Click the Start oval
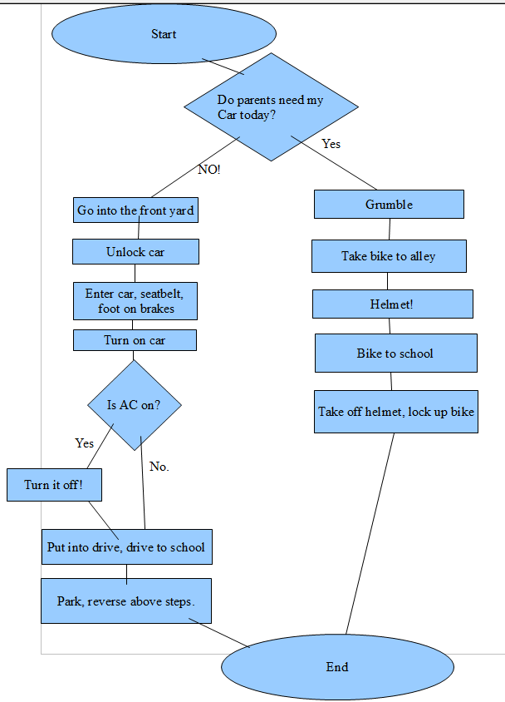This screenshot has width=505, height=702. [x=164, y=34]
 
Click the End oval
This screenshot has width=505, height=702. [x=337, y=666]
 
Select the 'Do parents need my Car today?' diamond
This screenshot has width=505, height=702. [x=271, y=107]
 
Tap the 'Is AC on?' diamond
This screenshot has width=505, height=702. [x=135, y=405]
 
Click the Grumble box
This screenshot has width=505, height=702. [x=389, y=205]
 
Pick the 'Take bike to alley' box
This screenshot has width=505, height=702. [x=389, y=256]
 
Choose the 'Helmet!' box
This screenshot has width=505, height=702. [x=392, y=304]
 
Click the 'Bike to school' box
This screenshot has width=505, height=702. [x=395, y=353]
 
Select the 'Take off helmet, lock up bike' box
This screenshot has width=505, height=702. [x=396, y=412]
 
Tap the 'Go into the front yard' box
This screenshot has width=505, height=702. [x=135, y=210]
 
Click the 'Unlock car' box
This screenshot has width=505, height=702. [x=135, y=252]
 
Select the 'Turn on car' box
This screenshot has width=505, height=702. [x=135, y=340]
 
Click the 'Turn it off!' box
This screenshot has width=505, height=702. [x=53, y=485]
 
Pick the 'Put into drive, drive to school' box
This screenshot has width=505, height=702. [x=126, y=547]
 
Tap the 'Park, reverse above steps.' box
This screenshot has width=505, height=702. [x=126, y=601]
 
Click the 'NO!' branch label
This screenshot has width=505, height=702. [x=209, y=169]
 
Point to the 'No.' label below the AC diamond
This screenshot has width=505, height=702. [x=159, y=467]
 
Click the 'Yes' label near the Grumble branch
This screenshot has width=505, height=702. [x=331, y=144]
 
